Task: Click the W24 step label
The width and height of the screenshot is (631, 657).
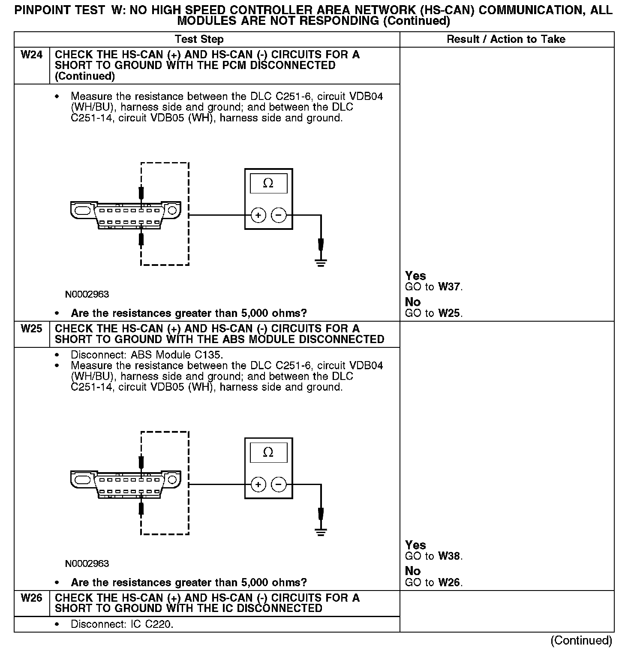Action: [32, 55]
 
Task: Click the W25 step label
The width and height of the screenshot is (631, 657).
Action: [32, 329]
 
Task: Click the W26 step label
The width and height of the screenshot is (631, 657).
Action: [32, 598]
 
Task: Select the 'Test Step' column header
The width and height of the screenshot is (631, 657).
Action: [199, 39]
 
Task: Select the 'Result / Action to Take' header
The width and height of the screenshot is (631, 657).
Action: [506, 39]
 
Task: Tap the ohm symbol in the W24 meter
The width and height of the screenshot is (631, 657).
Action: [268, 184]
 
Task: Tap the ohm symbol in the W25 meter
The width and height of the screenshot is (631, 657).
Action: [268, 452]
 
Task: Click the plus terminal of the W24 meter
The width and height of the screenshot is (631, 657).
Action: [258, 215]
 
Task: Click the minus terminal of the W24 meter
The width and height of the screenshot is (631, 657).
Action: [279, 215]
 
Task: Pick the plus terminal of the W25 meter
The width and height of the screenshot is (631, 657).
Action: [258, 485]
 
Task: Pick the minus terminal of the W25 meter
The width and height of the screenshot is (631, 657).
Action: [279, 485]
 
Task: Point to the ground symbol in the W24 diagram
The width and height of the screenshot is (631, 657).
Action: [321, 262]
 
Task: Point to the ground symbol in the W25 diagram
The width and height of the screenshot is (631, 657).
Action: [321, 532]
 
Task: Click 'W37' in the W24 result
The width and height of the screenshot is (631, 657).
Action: [450, 287]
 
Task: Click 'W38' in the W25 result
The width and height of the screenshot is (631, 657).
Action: [450, 556]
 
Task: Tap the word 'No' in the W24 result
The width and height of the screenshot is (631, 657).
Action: [413, 302]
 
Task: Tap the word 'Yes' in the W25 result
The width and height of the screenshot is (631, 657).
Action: [415, 545]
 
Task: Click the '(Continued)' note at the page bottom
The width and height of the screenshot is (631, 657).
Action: [581, 640]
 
